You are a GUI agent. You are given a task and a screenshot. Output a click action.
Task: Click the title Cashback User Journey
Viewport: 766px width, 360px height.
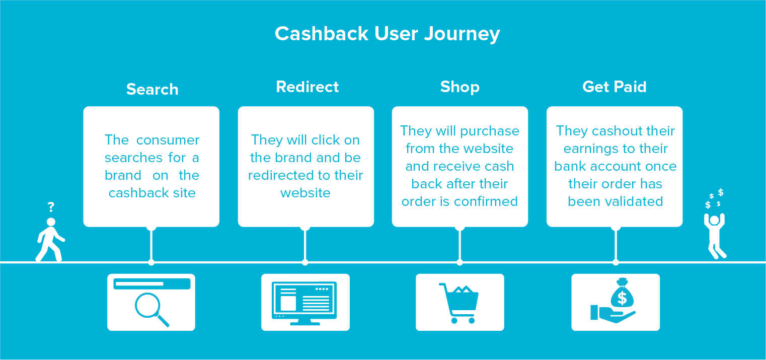387,34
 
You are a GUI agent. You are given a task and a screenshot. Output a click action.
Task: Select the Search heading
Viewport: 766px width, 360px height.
152,89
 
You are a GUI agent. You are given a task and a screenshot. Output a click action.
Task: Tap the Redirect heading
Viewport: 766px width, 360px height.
307,87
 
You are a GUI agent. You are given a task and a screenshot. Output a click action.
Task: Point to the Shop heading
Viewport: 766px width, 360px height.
459,87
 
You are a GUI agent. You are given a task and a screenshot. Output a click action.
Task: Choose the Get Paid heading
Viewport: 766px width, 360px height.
614,87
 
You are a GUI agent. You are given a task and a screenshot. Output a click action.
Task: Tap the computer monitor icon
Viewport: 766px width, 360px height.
304,303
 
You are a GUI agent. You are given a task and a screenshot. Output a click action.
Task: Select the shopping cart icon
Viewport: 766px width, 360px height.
459,303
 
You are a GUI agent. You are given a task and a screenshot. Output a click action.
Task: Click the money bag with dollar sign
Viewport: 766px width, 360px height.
622,293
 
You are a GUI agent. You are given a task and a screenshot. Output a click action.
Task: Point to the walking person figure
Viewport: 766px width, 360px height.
50,240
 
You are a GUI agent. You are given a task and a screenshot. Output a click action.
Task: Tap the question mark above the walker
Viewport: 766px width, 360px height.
51,207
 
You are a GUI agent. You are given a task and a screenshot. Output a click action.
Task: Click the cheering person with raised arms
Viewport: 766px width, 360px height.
715,236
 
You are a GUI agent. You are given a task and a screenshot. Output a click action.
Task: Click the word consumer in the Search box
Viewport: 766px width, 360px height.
168,140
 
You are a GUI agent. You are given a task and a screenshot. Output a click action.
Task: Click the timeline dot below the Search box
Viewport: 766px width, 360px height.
151,262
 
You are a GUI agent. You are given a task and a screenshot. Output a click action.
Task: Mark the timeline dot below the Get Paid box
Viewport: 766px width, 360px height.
616,262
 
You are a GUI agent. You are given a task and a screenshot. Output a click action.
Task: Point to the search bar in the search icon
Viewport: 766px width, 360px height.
152,283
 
